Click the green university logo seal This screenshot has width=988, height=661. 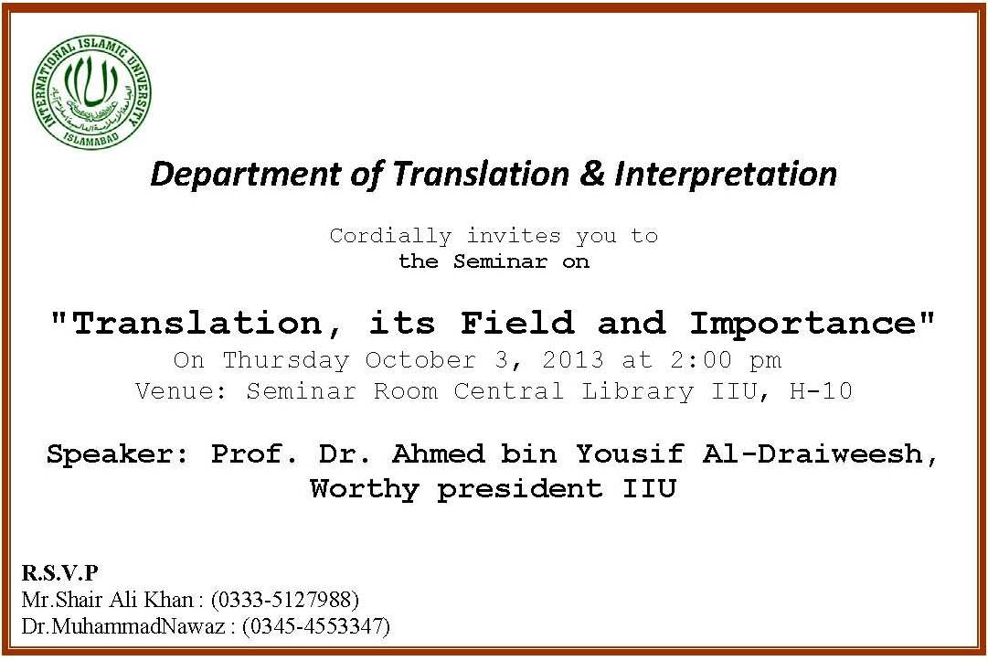(x=92, y=92)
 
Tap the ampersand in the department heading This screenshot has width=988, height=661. (x=591, y=174)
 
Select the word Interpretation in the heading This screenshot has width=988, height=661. (x=726, y=175)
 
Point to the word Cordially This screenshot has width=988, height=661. (x=390, y=236)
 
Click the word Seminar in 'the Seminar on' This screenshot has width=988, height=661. (x=500, y=261)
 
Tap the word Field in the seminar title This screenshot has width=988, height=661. (x=517, y=324)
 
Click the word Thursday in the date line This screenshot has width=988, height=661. (x=286, y=360)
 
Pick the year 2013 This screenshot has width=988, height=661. (x=573, y=360)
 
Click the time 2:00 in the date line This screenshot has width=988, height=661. (x=701, y=360)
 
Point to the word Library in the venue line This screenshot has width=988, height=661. (x=637, y=392)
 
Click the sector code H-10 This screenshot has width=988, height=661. (x=821, y=391)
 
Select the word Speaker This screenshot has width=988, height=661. (x=117, y=453)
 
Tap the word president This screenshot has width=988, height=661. (x=520, y=490)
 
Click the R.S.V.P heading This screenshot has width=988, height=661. (x=59, y=573)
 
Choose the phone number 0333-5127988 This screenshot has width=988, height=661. (x=285, y=599)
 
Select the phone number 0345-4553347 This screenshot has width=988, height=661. (x=316, y=626)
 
